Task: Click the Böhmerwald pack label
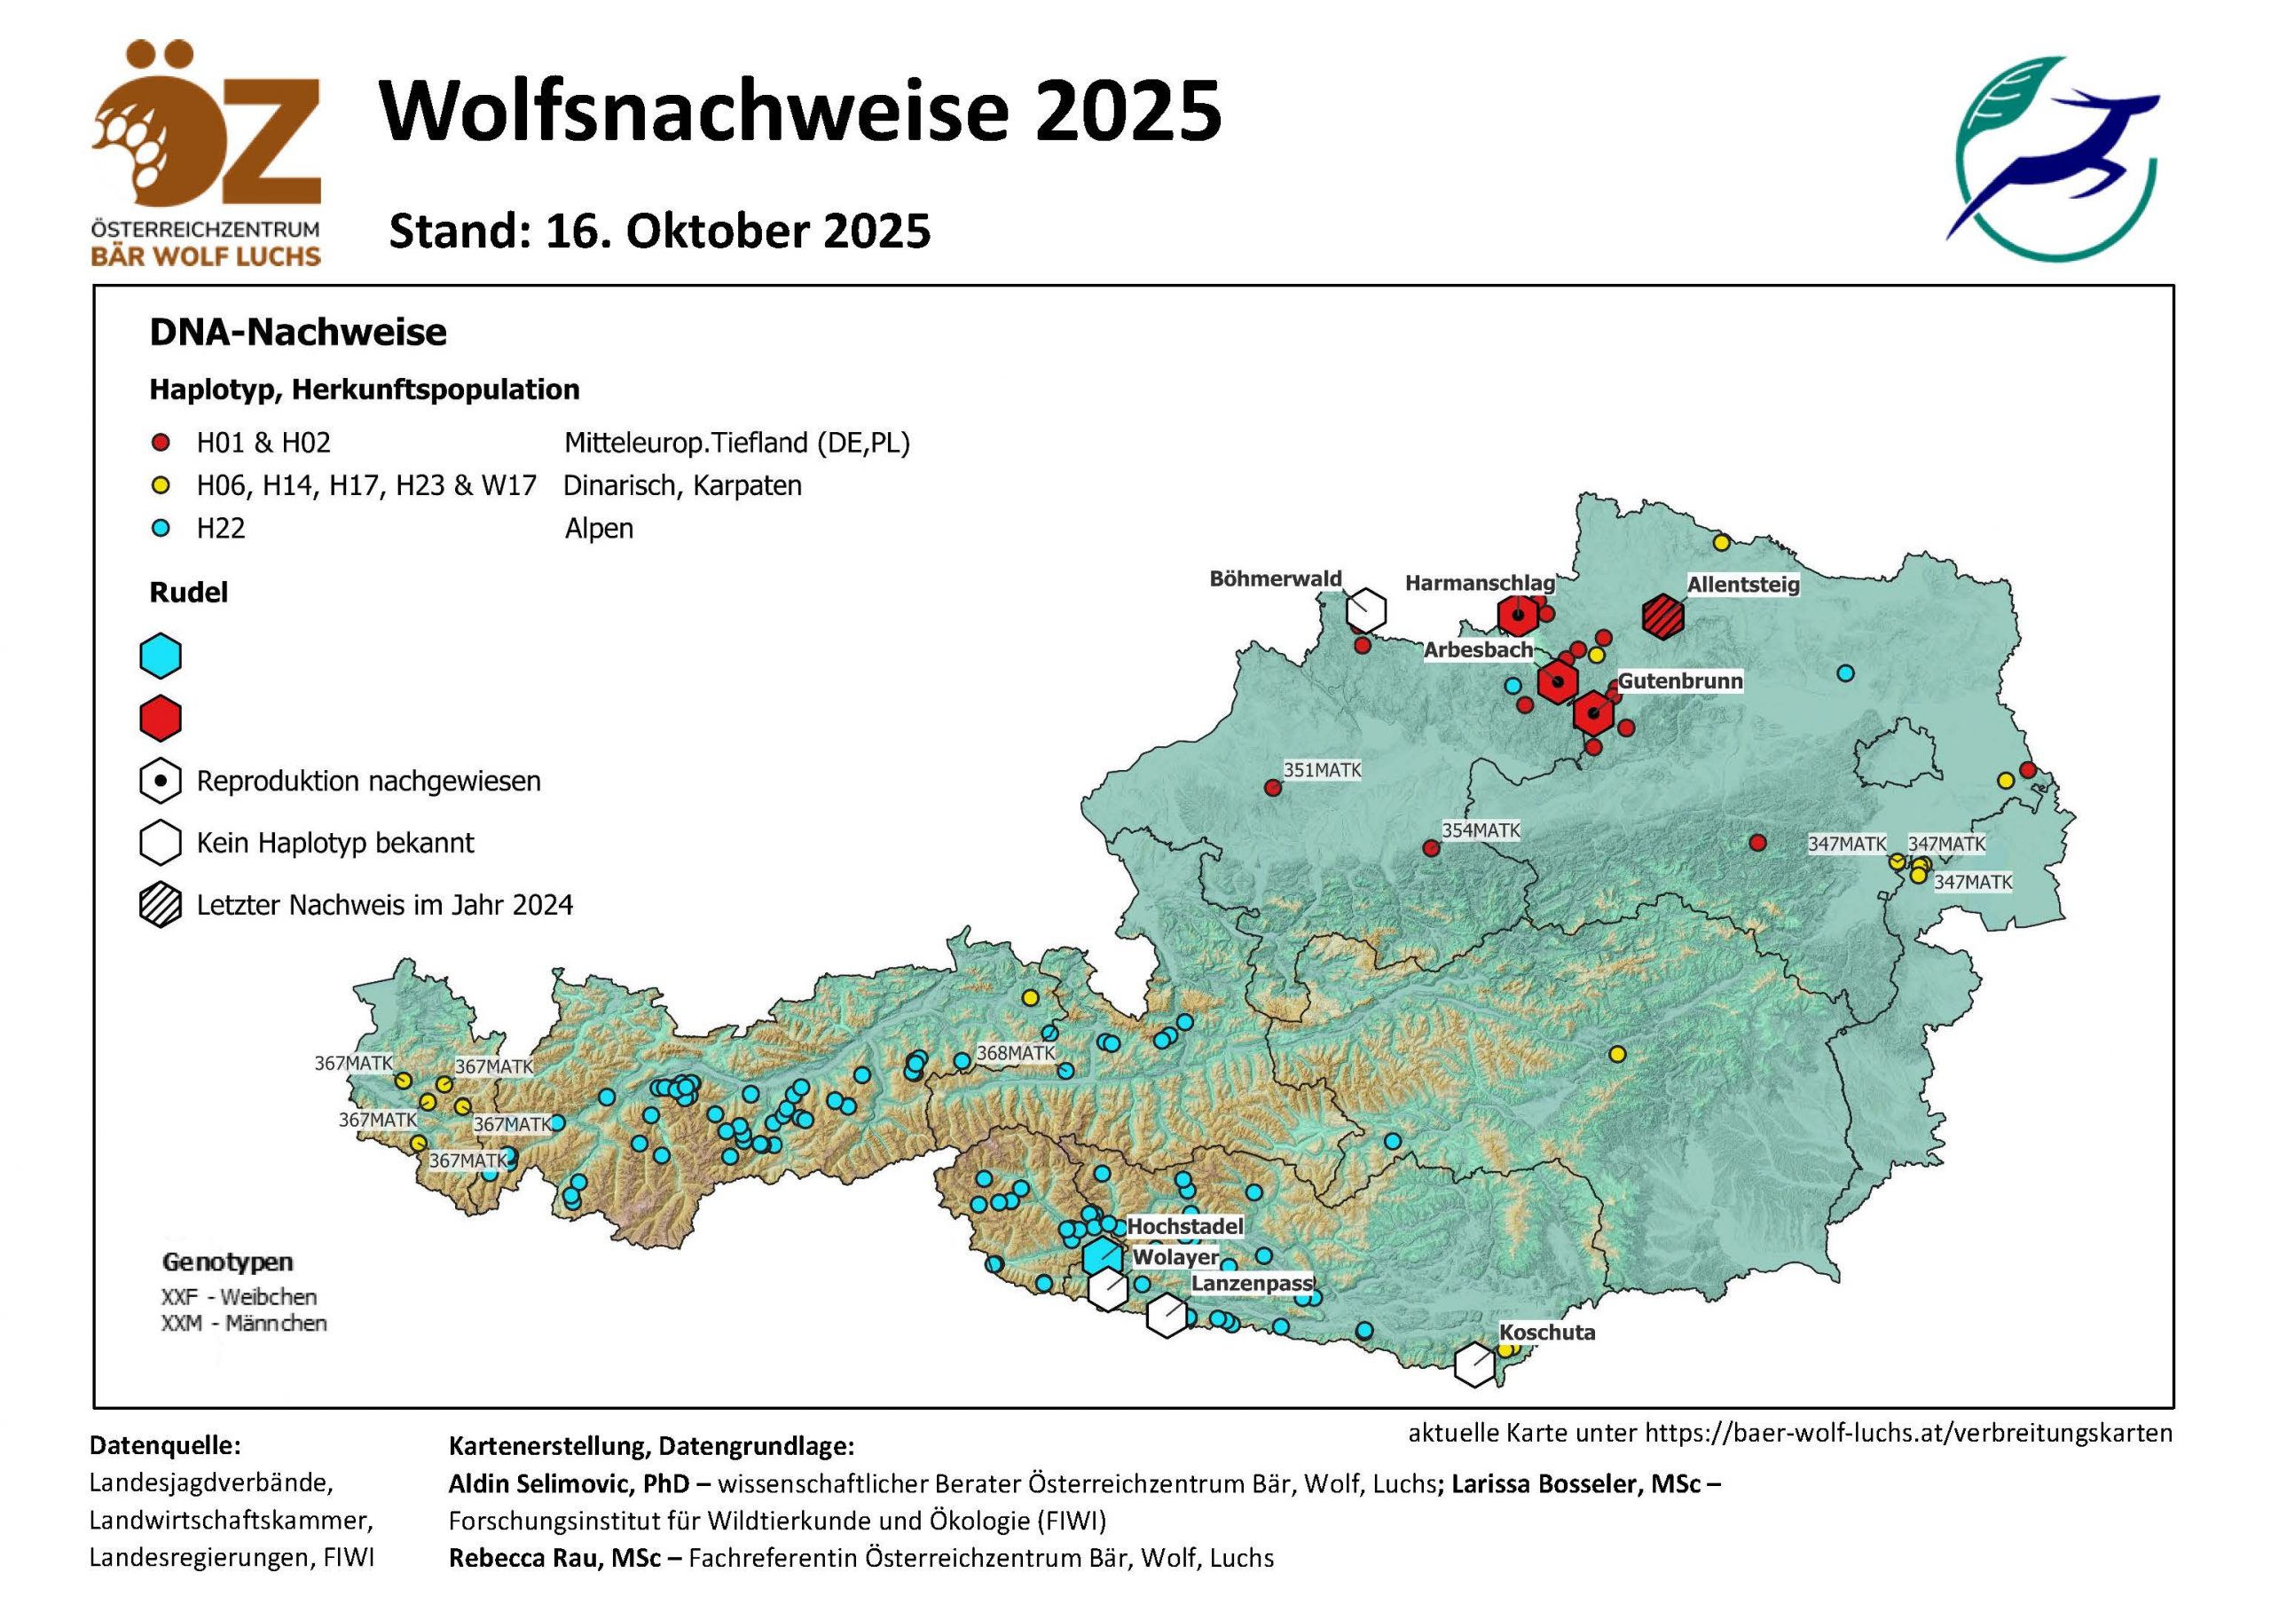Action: point(1275,578)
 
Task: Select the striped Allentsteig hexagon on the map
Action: point(1662,617)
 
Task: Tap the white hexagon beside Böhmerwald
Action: point(1366,609)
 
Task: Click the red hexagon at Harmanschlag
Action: point(1518,616)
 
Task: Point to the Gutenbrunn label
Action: point(1679,681)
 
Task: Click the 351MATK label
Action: point(1322,769)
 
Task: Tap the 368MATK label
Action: point(1016,1052)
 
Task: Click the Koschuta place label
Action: point(1546,1332)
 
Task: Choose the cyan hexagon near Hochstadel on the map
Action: point(1103,1256)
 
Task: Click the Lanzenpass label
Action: point(1252,1284)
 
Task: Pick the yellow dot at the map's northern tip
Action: point(1721,542)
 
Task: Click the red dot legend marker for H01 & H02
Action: point(161,443)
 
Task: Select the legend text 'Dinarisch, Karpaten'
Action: point(682,485)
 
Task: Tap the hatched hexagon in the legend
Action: point(161,905)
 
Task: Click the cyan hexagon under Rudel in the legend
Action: point(161,657)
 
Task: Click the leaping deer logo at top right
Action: point(2055,159)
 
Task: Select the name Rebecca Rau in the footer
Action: point(554,1557)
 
